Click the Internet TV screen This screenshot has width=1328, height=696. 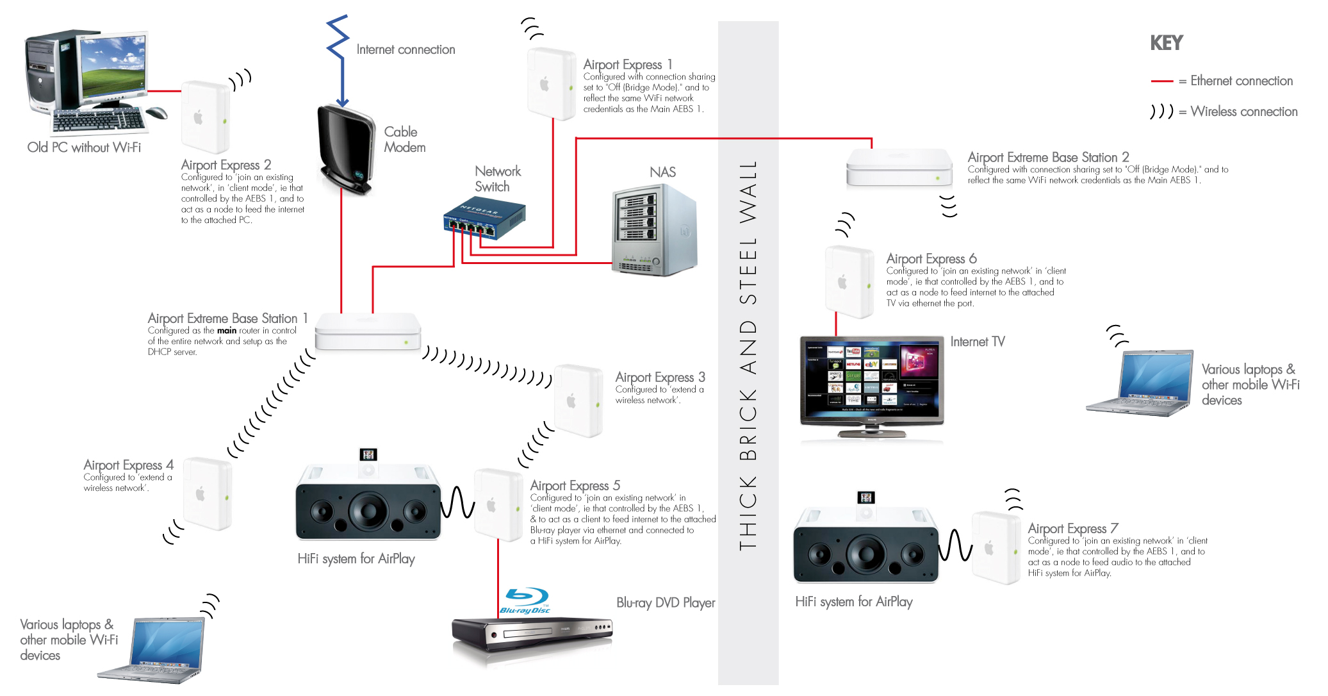click(872, 378)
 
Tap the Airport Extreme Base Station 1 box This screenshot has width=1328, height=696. click(368, 331)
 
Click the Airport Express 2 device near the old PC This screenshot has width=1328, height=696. click(205, 117)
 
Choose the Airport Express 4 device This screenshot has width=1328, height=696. click(207, 493)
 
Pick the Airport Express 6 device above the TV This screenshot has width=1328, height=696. click(849, 282)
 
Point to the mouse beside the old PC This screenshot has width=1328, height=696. click(157, 113)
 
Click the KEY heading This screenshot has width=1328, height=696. click(1166, 43)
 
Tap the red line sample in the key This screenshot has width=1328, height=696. click(1161, 81)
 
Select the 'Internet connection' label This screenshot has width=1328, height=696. click(406, 50)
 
